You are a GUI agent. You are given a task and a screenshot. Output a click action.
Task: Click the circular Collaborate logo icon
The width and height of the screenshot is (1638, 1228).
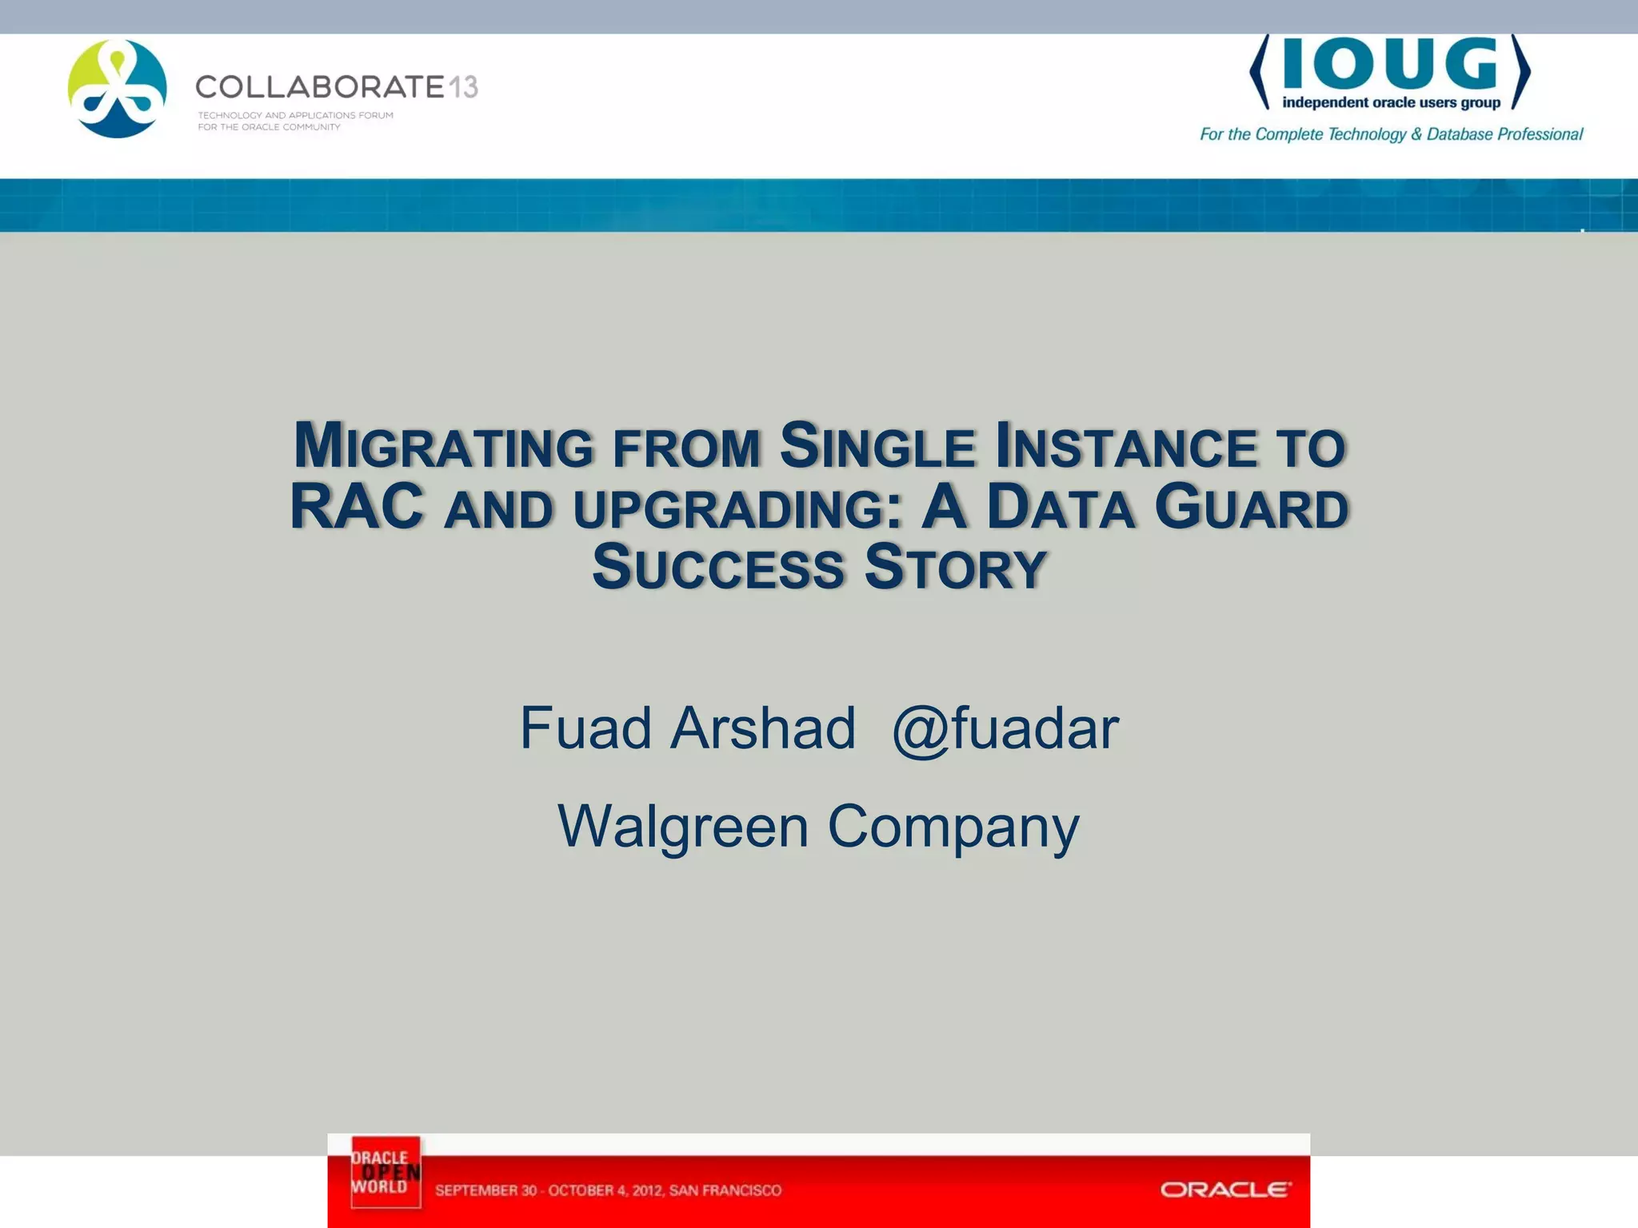118,89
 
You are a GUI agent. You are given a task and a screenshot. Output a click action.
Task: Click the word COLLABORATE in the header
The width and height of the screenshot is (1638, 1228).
319,86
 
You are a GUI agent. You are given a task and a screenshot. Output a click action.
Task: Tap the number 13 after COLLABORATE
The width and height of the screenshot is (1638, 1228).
462,86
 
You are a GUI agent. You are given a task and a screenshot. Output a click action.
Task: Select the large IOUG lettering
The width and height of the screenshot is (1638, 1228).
1390,66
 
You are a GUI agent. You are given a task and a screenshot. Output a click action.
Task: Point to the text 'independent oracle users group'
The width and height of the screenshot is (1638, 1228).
1391,102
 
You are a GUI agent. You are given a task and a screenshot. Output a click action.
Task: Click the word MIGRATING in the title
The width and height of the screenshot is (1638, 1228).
443,446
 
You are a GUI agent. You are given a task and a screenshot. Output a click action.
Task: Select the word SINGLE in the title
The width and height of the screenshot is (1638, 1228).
877,446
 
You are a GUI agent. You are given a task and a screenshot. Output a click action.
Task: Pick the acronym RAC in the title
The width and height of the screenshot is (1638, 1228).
357,507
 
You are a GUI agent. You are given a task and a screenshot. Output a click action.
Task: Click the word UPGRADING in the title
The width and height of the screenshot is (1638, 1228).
737,508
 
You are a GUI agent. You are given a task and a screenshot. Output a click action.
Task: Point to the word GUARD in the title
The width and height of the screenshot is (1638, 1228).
1252,507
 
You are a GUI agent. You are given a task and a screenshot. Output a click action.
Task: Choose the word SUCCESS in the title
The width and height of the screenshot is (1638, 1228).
717,568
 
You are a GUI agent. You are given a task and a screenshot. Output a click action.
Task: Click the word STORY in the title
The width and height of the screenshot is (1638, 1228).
955,568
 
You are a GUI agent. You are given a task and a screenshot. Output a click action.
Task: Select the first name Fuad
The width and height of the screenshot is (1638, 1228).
585,728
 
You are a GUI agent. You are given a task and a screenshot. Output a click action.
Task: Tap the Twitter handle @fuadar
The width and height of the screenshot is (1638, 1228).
1005,728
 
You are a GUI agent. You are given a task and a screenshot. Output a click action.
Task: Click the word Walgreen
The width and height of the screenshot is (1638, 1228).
683,826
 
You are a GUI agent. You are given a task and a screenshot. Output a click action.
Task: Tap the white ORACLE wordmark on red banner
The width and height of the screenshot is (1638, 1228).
1225,1190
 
